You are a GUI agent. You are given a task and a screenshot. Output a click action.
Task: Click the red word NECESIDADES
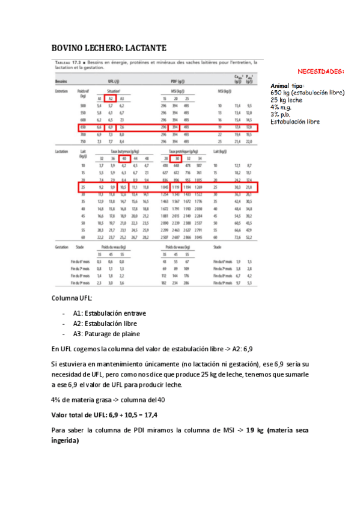click(x=322, y=71)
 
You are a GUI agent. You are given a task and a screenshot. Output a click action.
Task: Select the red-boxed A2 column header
click(x=111, y=98)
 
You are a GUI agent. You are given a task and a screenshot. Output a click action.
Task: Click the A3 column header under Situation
click(x=121, y=98)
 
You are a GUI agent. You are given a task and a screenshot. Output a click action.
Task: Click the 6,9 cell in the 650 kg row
click(x=111, y=127)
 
